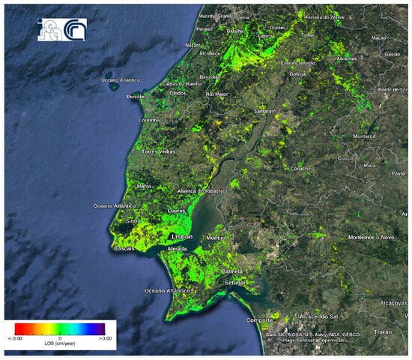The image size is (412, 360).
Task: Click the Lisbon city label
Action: pyautogui.click(x=182, y=237)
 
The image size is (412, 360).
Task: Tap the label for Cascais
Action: pyautogui.click(x=124, y=249)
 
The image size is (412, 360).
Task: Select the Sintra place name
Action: pyautogui.click(x=133, y=222)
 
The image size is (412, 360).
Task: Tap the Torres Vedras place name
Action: pyautogui.click(x=157, y=151)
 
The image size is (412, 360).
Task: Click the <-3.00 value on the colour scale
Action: pyautogui.click(x=16, y=339)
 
